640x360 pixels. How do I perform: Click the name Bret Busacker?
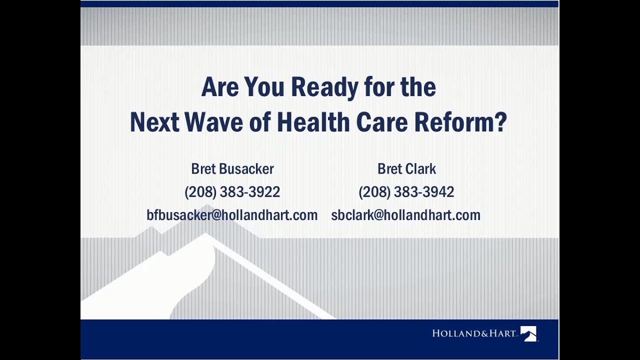point(232,169)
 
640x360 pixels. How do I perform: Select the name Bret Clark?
point(406,169)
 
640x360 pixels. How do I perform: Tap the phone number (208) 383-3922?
point(232,192)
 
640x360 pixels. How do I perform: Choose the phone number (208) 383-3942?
point(406,192)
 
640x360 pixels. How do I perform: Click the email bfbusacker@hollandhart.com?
point(232,215)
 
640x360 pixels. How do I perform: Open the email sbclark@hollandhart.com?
point(405,215)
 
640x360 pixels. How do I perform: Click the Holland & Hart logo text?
point(474,333)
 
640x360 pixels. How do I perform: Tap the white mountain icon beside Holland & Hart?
point(528,333)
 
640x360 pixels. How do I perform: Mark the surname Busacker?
point(246,169)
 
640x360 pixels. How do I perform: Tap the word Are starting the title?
point(219,88)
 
